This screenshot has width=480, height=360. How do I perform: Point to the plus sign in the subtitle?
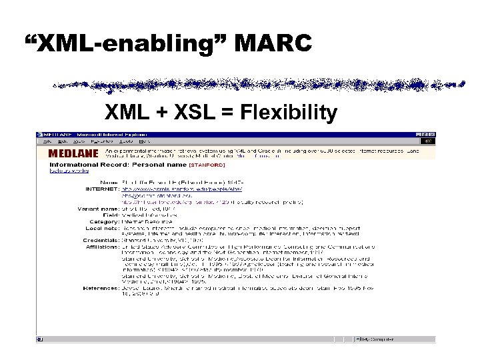point(162,113)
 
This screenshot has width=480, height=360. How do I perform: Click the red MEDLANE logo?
point(70,153)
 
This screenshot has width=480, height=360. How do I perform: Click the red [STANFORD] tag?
point(207,164)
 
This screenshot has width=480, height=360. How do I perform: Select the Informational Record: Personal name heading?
point(118,164)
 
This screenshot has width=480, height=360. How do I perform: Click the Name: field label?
point(108,182)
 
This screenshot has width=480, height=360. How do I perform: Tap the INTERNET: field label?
point(101,189)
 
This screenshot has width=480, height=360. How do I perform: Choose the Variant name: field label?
point(96,208)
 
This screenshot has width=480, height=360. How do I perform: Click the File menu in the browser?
point(47,141)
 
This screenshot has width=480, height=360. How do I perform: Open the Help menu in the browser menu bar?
point(145,141)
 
